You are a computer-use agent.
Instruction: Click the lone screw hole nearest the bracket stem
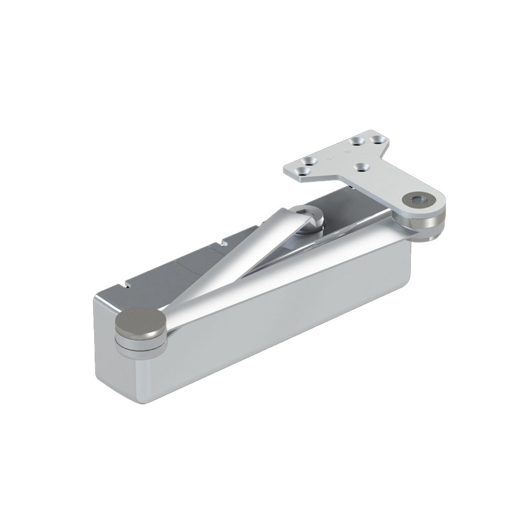360,167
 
